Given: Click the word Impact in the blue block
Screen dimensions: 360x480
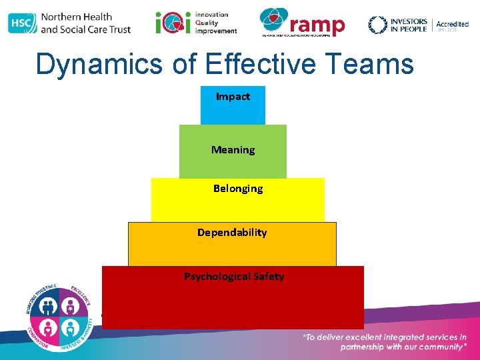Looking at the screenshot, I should click(x=233, y=97).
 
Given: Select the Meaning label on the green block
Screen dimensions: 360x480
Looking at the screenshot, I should click(x=233, y=150).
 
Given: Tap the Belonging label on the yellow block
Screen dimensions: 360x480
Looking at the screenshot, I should click(x=238, y=189).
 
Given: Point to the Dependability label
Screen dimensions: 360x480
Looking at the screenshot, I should click(x=232, y=233).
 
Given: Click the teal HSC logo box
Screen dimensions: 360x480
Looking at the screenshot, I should click(x=22, y=23).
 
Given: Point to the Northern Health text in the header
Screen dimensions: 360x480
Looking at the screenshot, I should click(x=76, y=17).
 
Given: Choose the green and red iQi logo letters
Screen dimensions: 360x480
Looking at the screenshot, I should click(x=167, y=23).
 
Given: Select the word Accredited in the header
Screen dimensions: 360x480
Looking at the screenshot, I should click(x=453, y=24).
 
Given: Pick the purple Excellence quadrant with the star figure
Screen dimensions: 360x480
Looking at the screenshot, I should click(x=71, y=305).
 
